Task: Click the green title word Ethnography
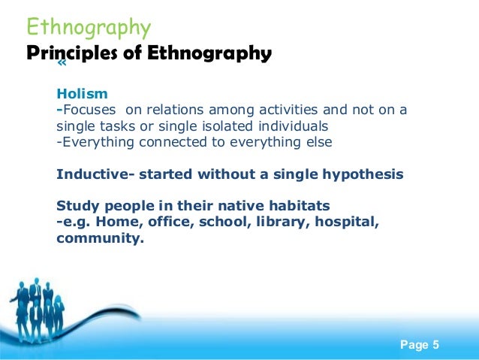[x=89, y=29]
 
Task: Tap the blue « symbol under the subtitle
[x=62, y=67]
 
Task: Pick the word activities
[x=289, y=110]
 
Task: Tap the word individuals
[x=294, y=126]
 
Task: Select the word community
[x=100, y=238]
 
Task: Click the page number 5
[x=435, y=345]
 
